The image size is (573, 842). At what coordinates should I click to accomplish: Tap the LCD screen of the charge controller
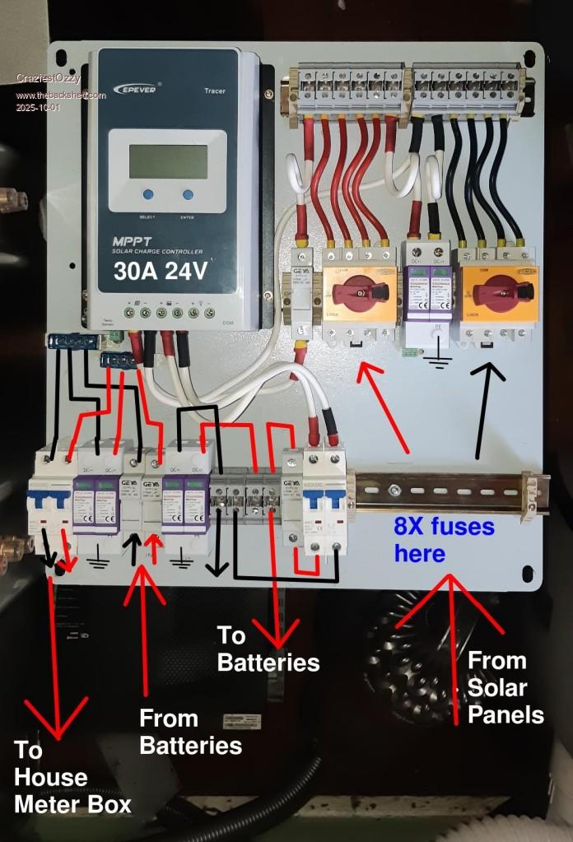[x=168, y=161]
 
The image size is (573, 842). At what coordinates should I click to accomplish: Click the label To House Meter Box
[x=72, y=777]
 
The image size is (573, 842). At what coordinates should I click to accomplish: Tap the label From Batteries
[x=190, y=732]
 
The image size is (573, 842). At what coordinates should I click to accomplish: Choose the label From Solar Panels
[x=505, y=687]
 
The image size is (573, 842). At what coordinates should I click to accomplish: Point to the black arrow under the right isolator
[x=486, y=403]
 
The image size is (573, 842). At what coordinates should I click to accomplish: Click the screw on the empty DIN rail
[x=395, y=491]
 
